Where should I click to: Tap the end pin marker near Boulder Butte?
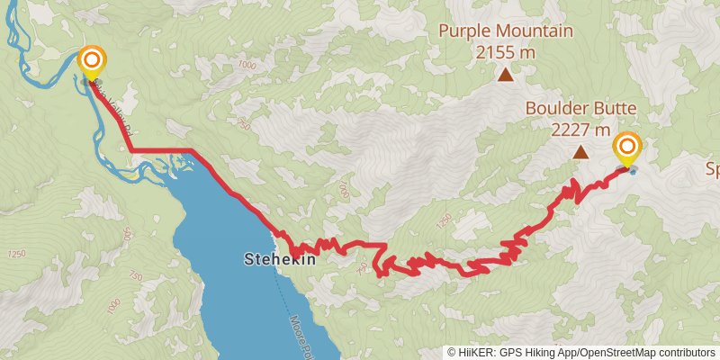(x=627, y=148)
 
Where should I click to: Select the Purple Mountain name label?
(x=506, y=31)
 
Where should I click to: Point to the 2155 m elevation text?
(x=506, y=51)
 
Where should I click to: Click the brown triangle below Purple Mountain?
(x=506, y=76)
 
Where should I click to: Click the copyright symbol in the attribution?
(x=452, y=353)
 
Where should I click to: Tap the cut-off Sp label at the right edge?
(x=711, y=169)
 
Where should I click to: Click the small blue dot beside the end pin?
(x=634, y=170)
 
